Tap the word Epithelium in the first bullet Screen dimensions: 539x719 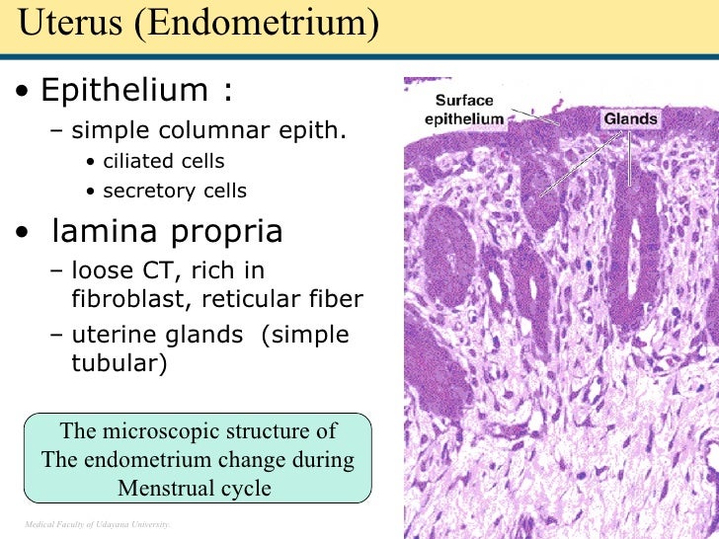pyautogui.click(x=125, y=91)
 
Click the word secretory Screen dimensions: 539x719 pyautogui.click(x=147, y=192)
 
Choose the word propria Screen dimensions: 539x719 pyautogui.click(x=225, y=232)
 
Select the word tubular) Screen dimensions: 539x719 pyautogui.click(x=120, y=363)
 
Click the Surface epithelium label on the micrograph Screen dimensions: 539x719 pyautogui.click(x=465, y=110)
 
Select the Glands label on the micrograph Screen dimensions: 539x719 pyautogui.click(x=630, y=119)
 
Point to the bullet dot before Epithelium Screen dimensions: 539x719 pyautogui.click(x=22, y=93)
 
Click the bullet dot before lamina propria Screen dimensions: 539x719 pyautogui.click(x=22, y=234)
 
